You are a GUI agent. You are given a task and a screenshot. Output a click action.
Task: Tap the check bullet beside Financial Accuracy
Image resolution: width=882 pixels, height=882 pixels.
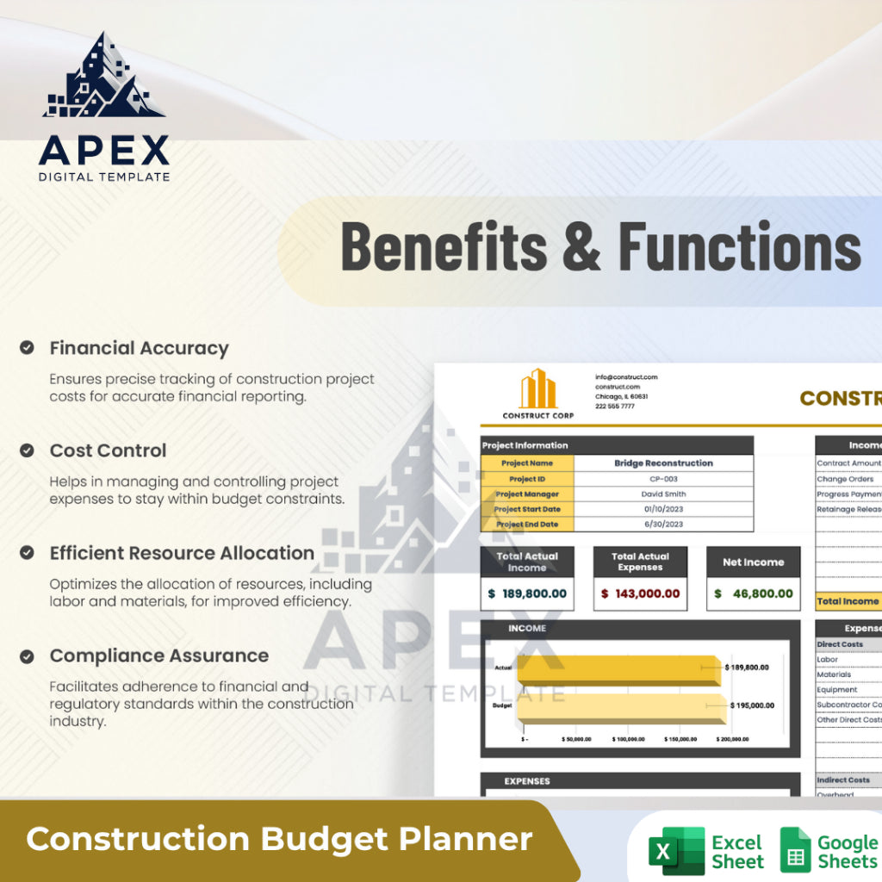click(x=28, y=348)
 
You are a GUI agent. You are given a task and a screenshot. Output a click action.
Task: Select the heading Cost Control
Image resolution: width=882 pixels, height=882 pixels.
click(x=108, y=450)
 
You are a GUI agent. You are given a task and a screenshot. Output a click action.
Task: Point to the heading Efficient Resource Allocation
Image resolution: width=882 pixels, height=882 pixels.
click(x=182, y=553)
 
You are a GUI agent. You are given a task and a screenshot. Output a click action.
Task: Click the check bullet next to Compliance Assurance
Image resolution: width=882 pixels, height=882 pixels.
click(x=28, y=656)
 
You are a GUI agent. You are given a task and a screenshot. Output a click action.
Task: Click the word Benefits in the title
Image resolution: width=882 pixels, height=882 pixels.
click(x=444, y=246)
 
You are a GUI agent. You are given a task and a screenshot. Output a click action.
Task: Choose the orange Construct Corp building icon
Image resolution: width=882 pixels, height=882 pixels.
click(x=537, y=389)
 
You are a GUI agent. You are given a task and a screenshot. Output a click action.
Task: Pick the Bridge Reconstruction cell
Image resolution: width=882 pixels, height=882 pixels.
click(x=663, y=463)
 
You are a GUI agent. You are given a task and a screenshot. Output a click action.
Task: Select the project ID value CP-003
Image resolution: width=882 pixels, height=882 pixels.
click(x=663, y=479)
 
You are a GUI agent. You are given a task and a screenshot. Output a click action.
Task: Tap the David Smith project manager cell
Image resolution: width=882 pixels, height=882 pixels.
click(x=663, y=494)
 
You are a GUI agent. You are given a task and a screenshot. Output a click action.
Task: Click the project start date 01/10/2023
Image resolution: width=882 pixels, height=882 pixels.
click(x=663, y=509)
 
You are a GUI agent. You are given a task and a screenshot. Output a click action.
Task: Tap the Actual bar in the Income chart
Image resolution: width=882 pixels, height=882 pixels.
click(x=618, y=669)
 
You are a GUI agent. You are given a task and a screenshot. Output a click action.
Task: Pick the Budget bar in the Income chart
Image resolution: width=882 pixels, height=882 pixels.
click(x=620, y=707)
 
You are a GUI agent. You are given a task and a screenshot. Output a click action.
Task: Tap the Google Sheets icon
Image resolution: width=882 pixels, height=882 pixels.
click(x=795, y=850)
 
